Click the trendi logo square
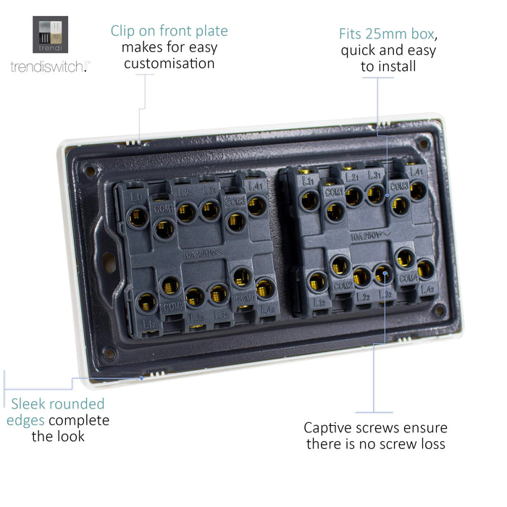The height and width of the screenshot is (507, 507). [x=50, y=35]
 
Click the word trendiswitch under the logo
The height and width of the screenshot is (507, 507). [x=48, y=67]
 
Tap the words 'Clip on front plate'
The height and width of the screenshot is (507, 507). [x=169, y=31]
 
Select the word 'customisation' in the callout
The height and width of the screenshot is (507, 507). [x=169, y=64]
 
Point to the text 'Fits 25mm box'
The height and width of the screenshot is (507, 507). [x=388, y=34]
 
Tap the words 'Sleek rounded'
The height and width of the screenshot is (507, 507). [x=57, y=404]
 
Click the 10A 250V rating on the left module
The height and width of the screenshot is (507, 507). [x=198, y=254]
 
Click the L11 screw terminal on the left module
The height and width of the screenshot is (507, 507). [x=138, y=218]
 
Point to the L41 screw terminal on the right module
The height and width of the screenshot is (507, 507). [x=418, y=190]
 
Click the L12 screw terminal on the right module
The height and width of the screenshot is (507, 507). [x=317, y=281]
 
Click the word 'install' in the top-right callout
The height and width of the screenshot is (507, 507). [x=398, y=67]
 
